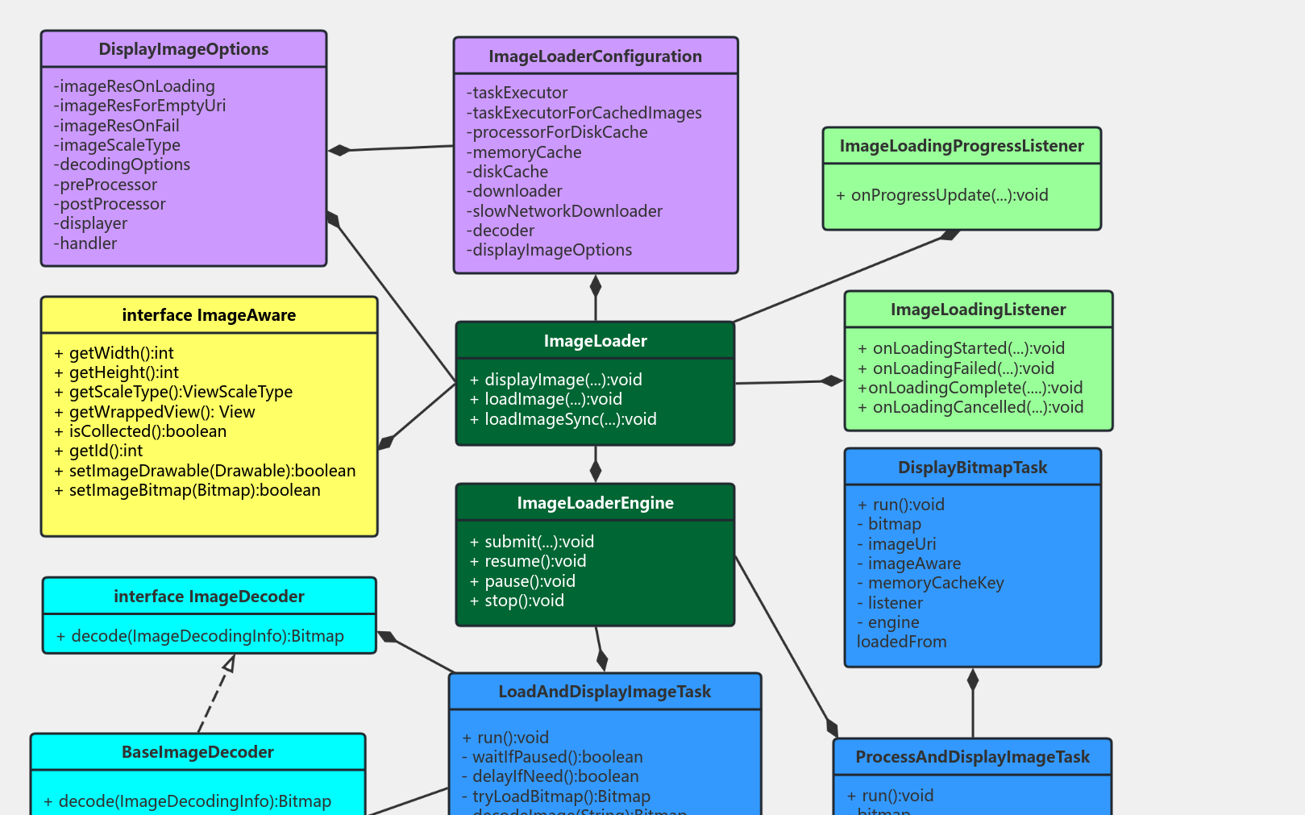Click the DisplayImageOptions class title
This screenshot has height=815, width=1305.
click(x=184, y=49)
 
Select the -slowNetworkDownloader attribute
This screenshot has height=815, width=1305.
click(x=564, y=211)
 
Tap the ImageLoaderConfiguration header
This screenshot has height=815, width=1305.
click(x=595, y=56)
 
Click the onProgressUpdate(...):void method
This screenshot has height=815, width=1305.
click(x=942, y=195)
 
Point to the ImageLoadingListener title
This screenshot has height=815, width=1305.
click(x=978, y=310)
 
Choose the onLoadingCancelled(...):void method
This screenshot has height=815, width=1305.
click(x=970, y=407)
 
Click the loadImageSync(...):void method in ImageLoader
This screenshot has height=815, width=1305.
click(x=563, y=419)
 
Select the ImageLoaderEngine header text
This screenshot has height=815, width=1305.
click(x=595, y=503)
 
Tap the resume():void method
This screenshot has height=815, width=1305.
click(x=528, y=561)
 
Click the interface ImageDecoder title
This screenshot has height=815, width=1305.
click(x=209, y=597)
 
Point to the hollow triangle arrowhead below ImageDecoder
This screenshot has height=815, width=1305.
click(x=230, y=663)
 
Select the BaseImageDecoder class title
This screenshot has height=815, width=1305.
click(x=197, y=752)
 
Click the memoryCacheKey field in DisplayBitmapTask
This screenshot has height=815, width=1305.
click(x=930, y=583)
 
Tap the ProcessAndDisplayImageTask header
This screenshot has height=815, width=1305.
click(x=972, y=757)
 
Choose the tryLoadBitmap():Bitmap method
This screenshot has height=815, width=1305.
click(x=556, y=796)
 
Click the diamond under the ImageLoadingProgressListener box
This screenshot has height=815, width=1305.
click(x=950, y=235)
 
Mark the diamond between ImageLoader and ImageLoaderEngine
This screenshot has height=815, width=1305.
click(x=596, y=470)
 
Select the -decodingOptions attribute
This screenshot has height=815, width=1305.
click(x=123, y=164)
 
